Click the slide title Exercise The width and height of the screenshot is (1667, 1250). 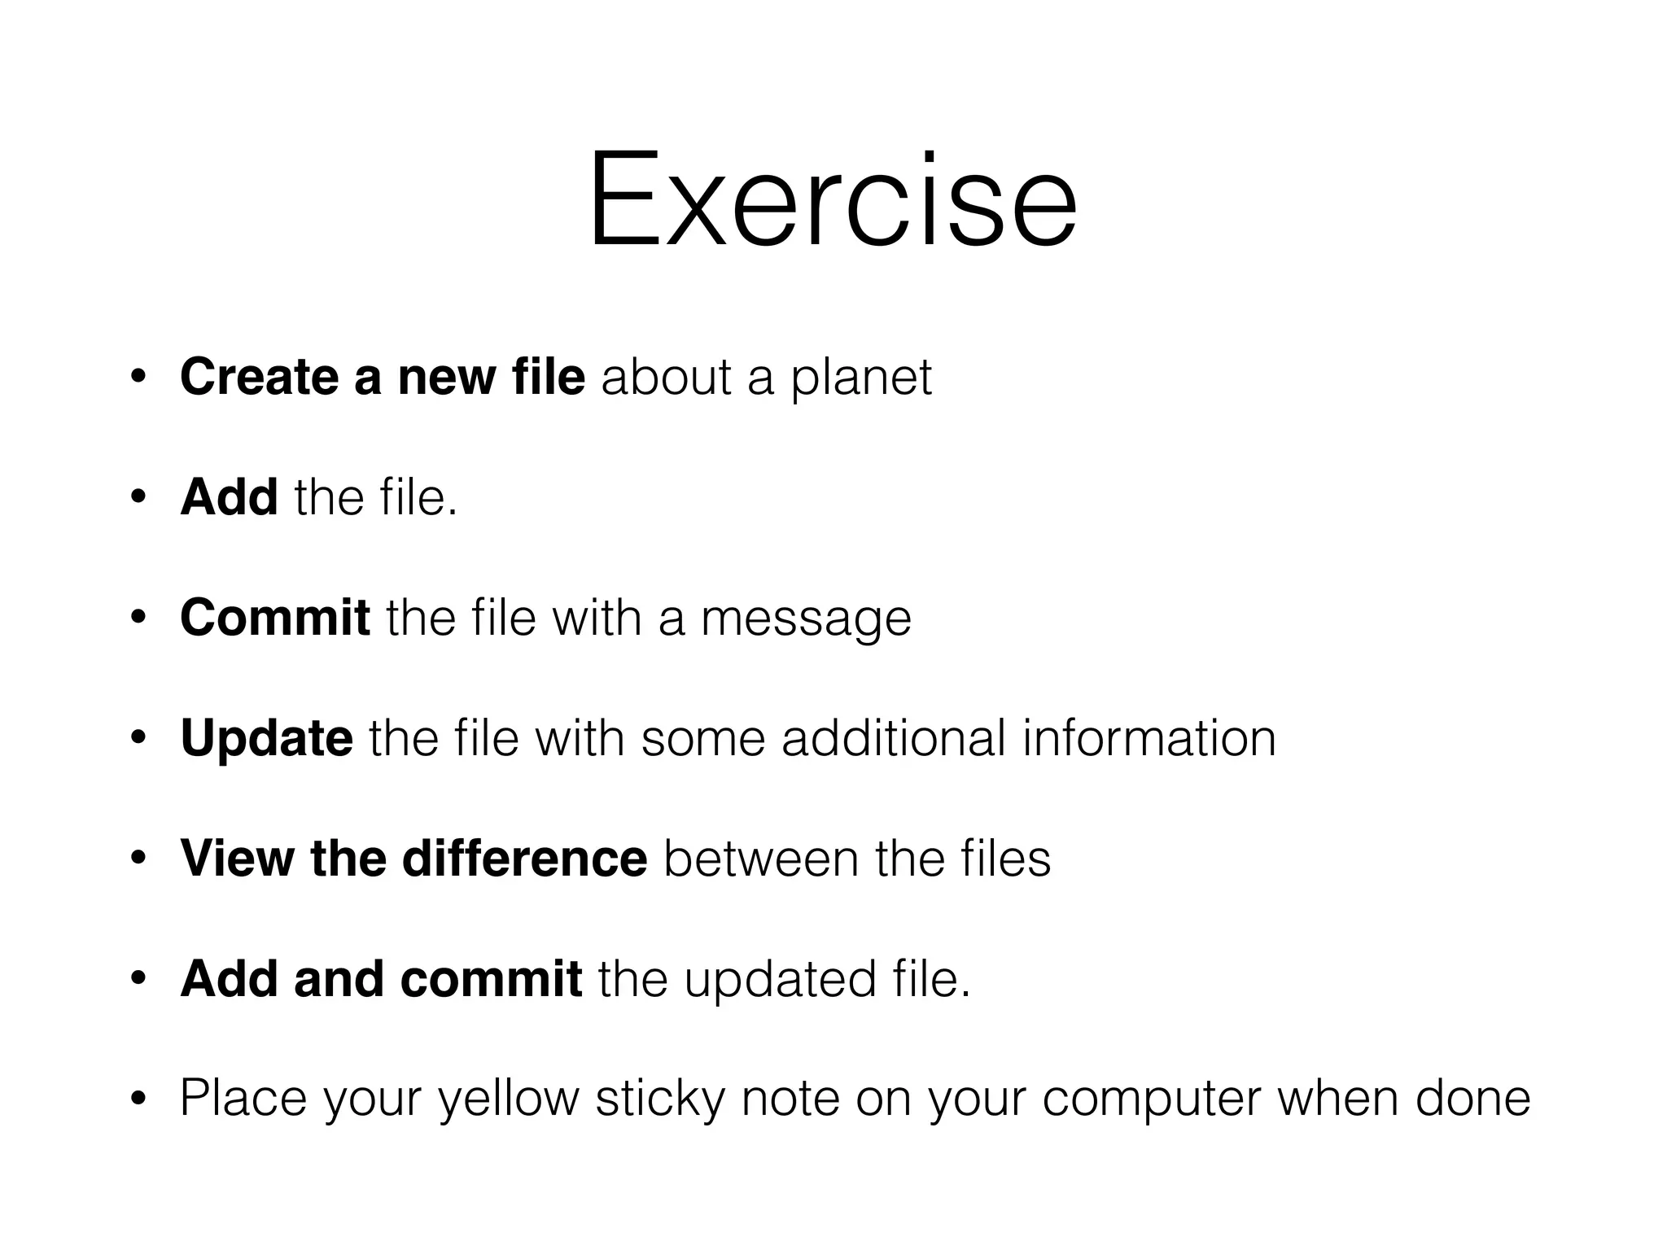pyautogui.click(x=833, y=199)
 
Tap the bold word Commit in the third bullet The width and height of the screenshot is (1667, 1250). pyautogui.click(x=275, y=618)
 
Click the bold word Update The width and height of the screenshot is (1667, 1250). pyautogui.click(x=267, y=738)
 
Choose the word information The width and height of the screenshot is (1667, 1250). pyautogui.click(x=1149, y=738)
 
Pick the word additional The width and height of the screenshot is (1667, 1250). pyautogui.click(x=893, y=738)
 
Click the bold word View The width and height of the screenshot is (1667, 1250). pyautogui.click(x=237, y=859)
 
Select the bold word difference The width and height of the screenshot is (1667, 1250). pyautogui.click(x=524, y=859)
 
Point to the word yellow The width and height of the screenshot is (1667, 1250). pyautogui.click(x=509, y=1099)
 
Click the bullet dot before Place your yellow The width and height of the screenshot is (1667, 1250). pyautogui.click(x=138, y=1100)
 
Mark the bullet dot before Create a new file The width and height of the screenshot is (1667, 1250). pyautogui.click(x=138, y=378)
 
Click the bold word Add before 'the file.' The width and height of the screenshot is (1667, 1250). pyautogui.click(x=229, y=497)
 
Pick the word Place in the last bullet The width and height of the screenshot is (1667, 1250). pyautogui.click(x=243, y=1099)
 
